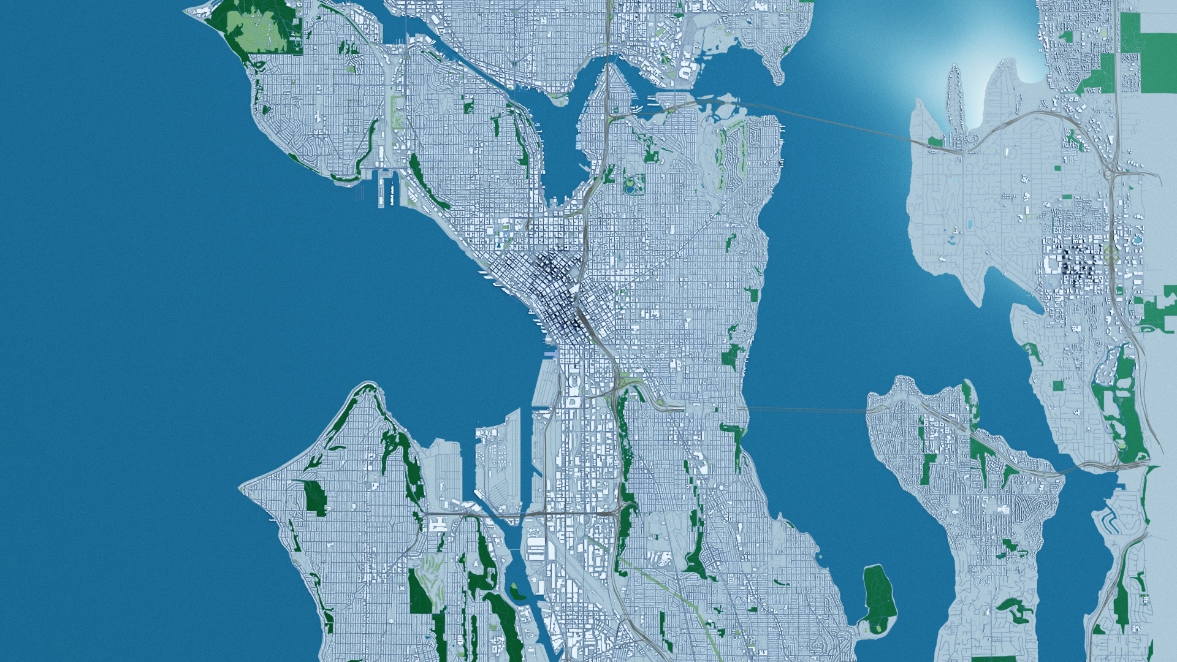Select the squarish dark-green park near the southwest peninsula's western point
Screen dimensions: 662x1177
coord(315,496)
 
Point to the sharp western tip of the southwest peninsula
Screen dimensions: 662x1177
coord(240,489)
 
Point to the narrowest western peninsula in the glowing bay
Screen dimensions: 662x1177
coord(954,86)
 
